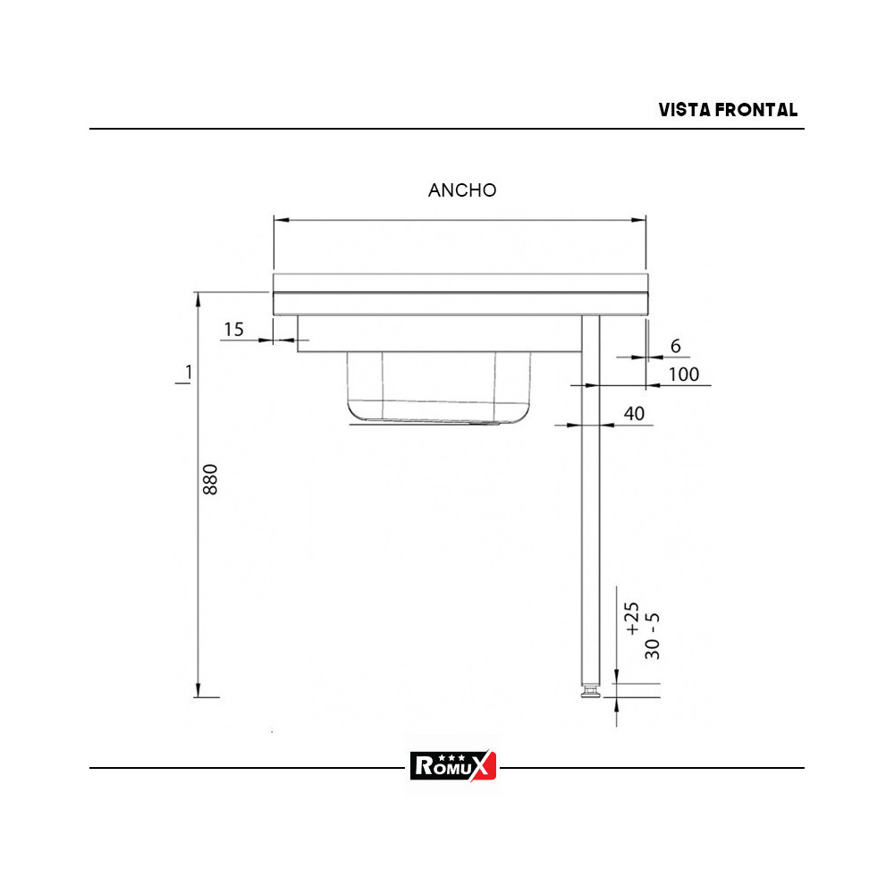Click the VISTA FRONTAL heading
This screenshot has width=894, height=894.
[x=728, y=110]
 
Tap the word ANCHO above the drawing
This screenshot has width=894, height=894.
[x=462, y=190]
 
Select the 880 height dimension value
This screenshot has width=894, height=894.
[x=211, y=480]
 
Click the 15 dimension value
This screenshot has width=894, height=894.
[x=233, y=329]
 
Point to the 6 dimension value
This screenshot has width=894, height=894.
[x=675, y=346]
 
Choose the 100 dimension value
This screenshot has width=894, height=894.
[x=684, y=375]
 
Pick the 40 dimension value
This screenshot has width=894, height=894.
[x=634, y=413]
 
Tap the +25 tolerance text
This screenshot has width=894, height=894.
[x=632, y=619]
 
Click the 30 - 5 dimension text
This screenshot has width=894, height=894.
[x=654, y=637]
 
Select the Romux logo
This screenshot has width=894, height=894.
[x=453, y=765]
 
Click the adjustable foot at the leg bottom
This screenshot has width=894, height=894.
[x=590, y=692]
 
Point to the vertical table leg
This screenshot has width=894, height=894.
[x=591, y=501]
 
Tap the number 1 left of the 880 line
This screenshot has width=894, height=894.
[x=188, y=372]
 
